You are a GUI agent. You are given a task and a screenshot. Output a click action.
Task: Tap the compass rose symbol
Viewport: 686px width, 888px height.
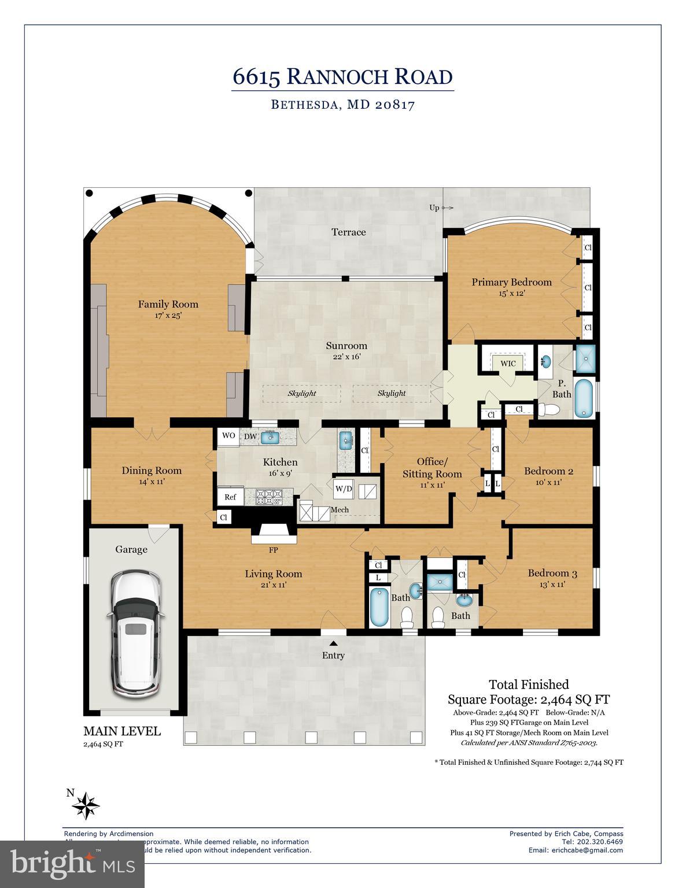pos(87,805)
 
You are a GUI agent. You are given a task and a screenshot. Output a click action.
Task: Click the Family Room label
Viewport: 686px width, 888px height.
pos(168,304)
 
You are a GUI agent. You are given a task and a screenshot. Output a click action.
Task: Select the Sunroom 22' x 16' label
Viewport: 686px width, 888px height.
pos(346,350)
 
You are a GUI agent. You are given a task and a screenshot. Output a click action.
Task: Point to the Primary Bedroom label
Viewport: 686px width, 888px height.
pos(511,282)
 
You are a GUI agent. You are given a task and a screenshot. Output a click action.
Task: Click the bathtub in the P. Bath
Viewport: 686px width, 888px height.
pos(584,398)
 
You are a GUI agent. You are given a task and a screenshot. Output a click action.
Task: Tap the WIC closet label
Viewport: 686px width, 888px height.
pos(508,363)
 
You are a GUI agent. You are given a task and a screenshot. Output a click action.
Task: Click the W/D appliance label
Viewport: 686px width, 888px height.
pos(343,489)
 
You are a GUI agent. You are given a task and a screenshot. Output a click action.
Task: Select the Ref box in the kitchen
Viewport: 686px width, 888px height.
pos(230,497)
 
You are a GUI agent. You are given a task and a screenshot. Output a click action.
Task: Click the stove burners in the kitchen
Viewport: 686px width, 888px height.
pos(268,496)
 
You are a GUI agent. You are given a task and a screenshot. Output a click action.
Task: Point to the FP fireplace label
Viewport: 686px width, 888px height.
pos(273,550)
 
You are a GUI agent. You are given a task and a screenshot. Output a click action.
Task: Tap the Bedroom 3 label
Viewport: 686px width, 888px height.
pos(552,573)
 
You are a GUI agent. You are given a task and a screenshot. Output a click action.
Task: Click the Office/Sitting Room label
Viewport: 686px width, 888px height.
pos(432,468)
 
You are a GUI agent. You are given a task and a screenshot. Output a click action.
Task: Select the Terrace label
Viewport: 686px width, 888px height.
pos(348,232)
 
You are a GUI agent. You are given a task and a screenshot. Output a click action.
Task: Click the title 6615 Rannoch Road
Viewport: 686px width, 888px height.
pos(342,76)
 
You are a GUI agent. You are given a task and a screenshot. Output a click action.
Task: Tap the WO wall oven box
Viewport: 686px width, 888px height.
pos(228,436)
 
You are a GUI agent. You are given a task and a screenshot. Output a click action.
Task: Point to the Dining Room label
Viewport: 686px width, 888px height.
pos(152,471)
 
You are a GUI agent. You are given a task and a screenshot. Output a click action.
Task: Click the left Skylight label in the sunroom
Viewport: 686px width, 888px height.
pos(302,393)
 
